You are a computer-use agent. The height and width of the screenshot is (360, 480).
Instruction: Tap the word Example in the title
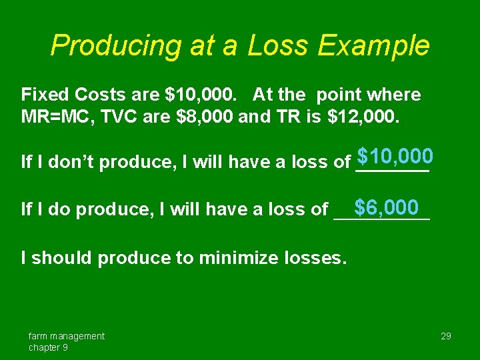coord(374,46)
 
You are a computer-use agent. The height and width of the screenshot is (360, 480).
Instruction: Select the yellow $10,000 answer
coord(395,157)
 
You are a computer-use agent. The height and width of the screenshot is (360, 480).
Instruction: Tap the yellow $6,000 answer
coord(386,207)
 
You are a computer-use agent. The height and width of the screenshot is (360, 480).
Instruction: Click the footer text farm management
coord(66,336)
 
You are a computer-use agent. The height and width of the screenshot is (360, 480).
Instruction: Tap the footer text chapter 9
coord(47,347)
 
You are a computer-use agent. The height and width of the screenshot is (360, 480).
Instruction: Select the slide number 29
coord(446,336)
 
